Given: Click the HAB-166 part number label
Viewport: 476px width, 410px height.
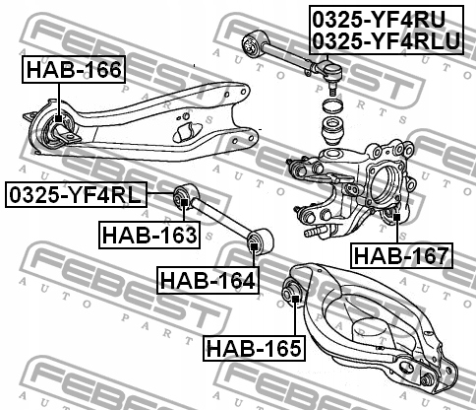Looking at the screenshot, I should [x=74, y=71].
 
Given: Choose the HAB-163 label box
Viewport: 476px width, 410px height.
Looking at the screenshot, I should [x=149, y=234].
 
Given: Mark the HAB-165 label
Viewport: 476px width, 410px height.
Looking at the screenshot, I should [x=254, y=346].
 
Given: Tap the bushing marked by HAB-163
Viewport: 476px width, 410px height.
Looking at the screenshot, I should [x=183, y=201].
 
